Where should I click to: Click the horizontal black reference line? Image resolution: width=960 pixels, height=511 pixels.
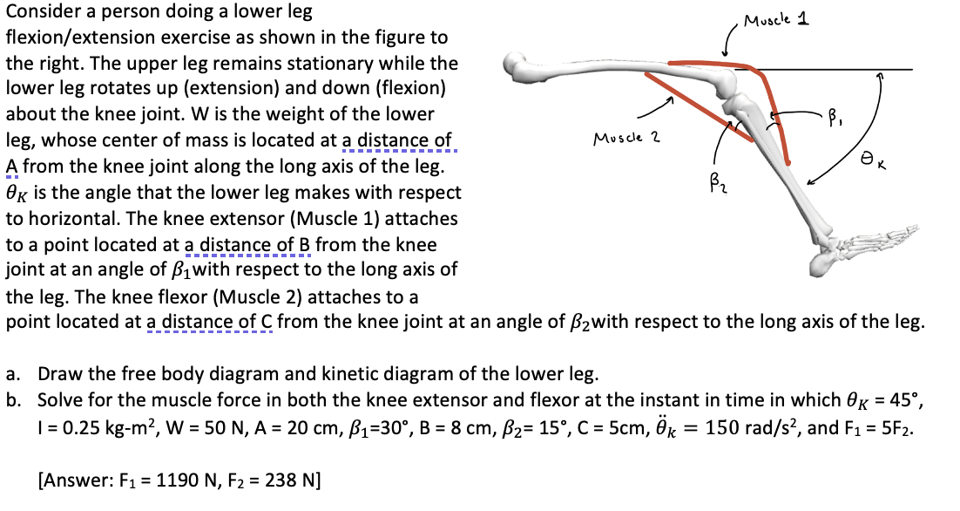836,69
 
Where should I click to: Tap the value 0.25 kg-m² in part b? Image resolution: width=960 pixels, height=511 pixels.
91,429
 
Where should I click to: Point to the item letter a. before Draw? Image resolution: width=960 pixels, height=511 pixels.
13,376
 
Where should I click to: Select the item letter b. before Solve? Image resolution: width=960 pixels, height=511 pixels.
13,403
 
